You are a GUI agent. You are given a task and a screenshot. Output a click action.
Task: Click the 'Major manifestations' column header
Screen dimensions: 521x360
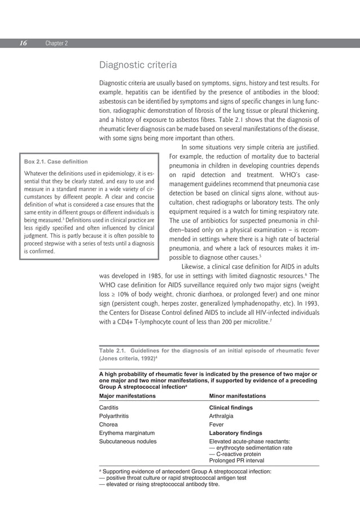[128, 396]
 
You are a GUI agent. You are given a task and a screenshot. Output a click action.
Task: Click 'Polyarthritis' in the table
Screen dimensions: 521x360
[115, 416]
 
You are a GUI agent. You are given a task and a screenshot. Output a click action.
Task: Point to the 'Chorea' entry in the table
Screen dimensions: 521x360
[108, 424]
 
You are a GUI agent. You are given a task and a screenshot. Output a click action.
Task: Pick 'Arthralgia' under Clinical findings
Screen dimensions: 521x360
[222, 416]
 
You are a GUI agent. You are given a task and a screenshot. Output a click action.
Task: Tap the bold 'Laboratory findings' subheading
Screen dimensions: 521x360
[235, 434]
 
